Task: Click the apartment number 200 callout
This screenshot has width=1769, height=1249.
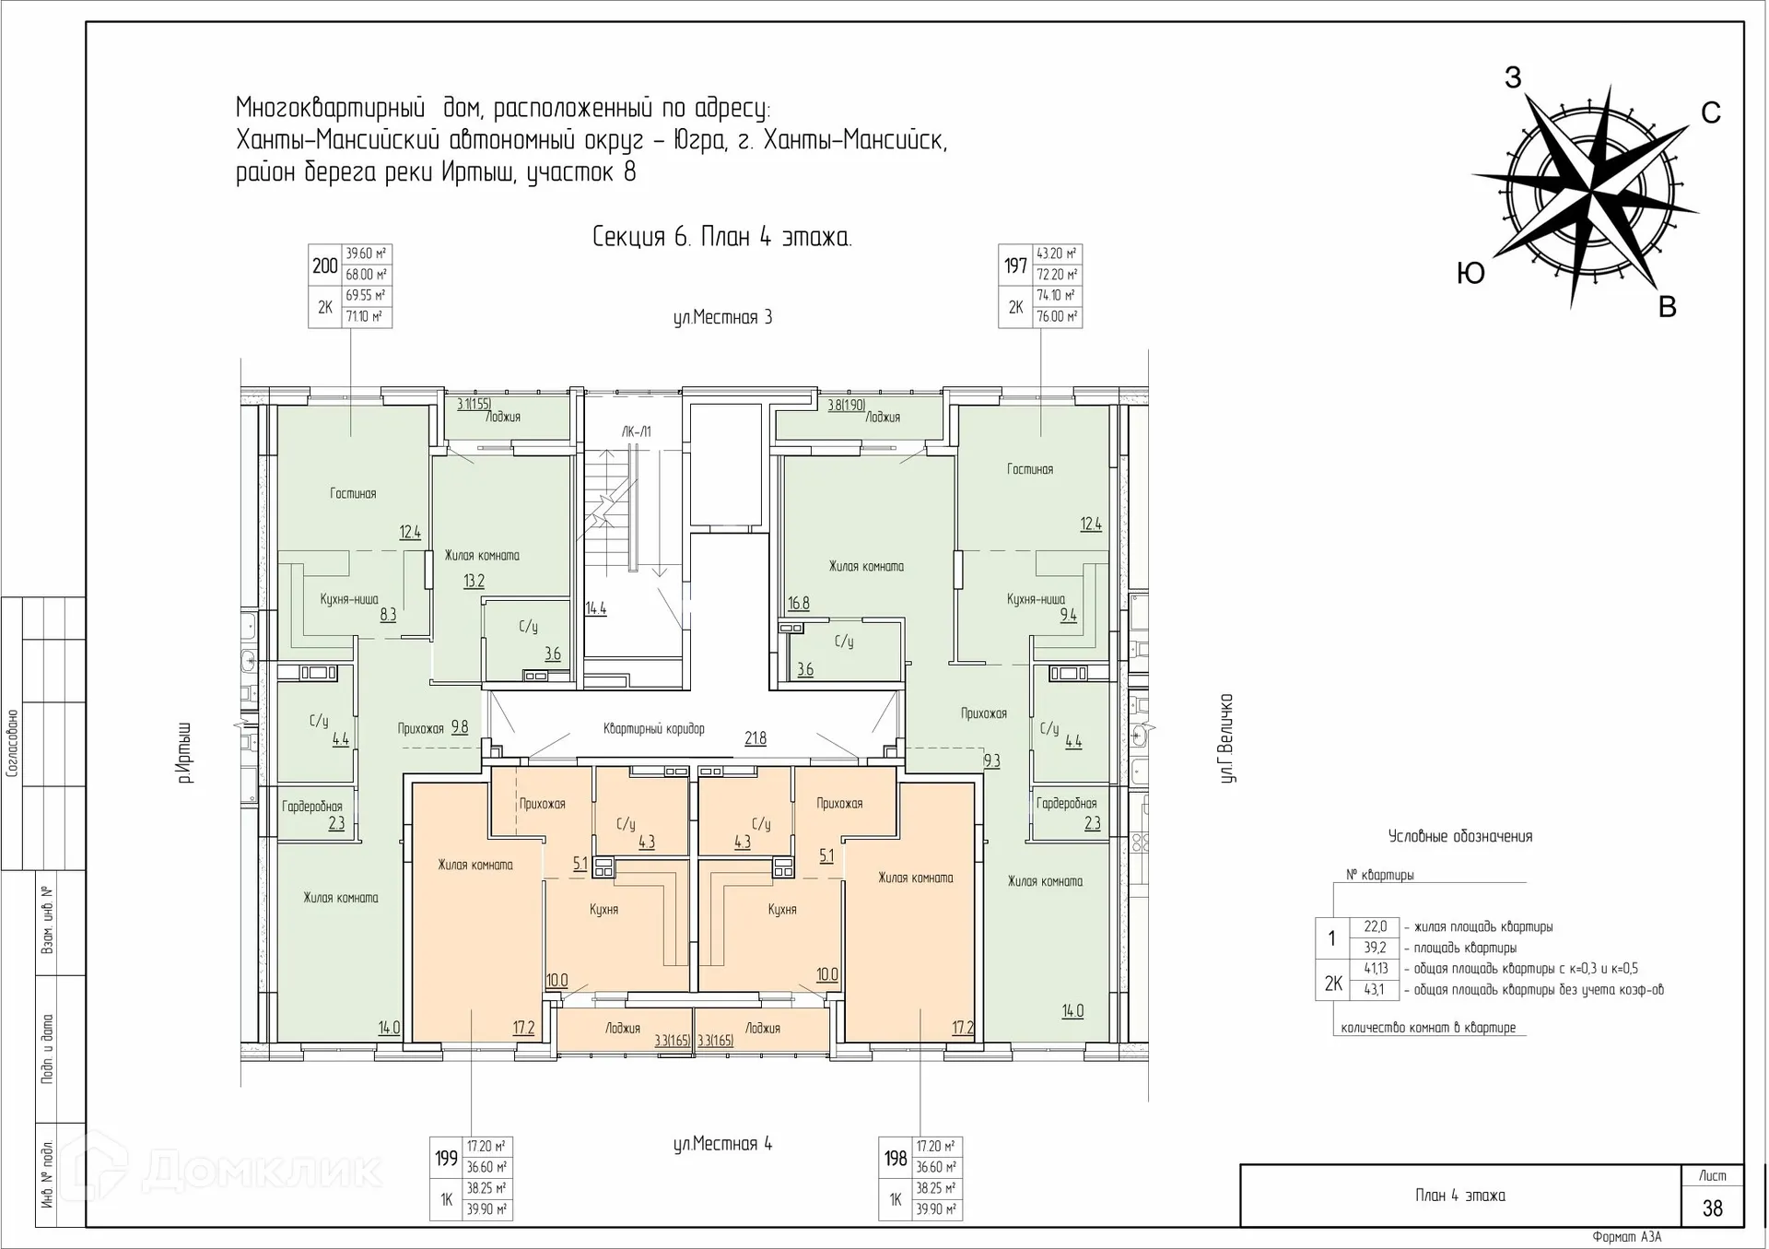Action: point(324,265)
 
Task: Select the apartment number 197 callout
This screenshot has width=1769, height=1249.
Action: point(1015,265)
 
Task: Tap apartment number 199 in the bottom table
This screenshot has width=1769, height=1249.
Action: point(446,1158)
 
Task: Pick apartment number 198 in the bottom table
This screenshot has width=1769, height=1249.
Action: point(896,1158)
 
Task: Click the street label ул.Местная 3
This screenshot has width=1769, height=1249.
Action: point(722,318)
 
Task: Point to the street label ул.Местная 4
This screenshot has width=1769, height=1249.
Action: point(722,1144)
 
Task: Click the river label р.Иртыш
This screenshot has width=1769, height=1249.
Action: point(185,753)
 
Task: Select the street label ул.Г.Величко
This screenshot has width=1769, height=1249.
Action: point(1226,738)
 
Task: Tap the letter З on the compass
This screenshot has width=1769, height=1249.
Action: point(1513,78)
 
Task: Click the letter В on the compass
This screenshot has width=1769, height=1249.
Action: point(1667,308)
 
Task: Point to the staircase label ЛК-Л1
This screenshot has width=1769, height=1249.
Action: point(636,431)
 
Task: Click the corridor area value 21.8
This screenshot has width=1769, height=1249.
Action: point(755,737)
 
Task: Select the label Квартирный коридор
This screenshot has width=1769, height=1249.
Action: point(654,729)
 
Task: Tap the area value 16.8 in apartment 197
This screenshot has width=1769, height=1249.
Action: point(798,604)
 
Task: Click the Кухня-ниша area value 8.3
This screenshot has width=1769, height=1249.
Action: point(388,614)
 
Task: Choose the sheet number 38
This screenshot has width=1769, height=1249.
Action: point(1712,1208)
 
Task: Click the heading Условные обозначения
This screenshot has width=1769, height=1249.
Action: point(1460,837)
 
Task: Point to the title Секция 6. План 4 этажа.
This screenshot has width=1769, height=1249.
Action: point(721,238)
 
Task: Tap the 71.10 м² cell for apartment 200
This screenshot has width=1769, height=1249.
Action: point(366,316)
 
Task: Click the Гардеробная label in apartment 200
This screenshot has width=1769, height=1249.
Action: point(312,807)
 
